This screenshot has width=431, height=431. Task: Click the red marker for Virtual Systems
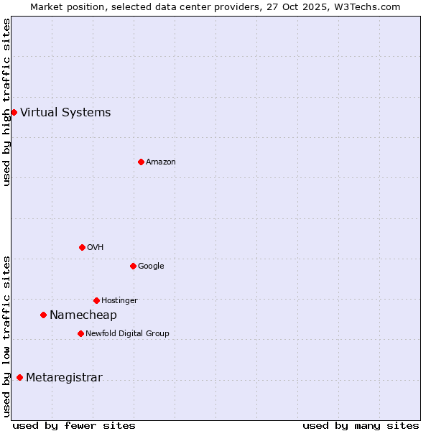point(14,112)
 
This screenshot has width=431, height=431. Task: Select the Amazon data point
point(141,162)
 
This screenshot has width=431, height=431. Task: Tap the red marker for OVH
point(82,247)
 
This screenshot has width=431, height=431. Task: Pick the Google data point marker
point(133,266)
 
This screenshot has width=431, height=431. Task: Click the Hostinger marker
point(96,300)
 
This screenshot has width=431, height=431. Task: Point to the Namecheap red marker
point(43,315)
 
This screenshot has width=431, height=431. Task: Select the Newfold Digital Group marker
point(80,333)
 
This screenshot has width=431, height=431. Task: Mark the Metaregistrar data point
point(19,377)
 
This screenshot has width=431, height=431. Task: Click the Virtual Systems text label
point(65,112)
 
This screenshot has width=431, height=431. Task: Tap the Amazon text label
point(161,162)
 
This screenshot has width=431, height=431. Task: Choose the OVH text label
point(96,248)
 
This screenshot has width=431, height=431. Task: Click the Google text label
point(151,267)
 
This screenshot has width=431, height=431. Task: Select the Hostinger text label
point(119,301)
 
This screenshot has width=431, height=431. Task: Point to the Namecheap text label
point(83,315)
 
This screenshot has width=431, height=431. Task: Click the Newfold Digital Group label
point(127,334)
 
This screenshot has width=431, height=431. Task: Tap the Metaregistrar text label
point(64,378)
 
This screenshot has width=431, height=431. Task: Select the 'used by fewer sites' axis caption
point(74,425)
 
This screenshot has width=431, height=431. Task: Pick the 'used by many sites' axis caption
point(361,425)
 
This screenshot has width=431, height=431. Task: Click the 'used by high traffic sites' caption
point(6,102)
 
